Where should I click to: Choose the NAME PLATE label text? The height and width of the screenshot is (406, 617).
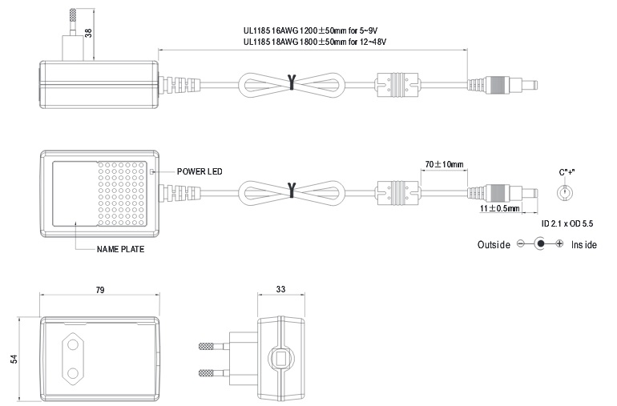121,250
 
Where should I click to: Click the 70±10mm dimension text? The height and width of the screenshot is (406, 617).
444,164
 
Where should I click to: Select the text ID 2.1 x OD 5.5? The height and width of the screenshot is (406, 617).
567,223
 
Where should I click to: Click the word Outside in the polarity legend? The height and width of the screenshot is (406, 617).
494,244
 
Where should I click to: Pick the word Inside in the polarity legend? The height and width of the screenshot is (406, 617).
583,244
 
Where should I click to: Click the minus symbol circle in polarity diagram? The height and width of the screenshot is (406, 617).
522,244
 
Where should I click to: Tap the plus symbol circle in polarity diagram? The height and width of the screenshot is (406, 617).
559,244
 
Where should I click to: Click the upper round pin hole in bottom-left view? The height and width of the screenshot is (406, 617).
70,341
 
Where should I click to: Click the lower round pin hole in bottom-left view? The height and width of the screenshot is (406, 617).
70,372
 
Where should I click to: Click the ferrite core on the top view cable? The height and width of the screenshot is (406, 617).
397,82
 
